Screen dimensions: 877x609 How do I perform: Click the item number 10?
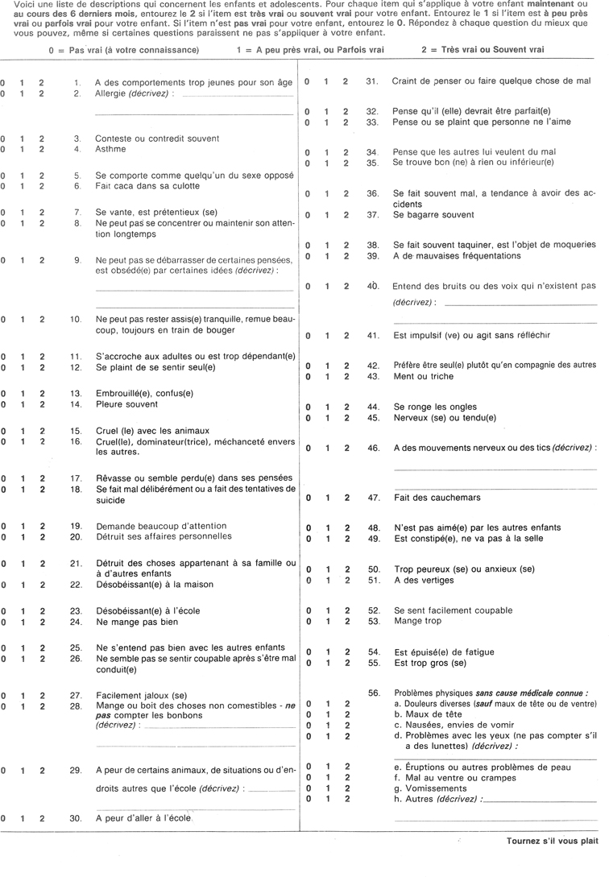(77, 320)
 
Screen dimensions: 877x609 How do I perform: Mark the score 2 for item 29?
(42, 771)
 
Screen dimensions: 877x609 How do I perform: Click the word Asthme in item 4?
(110, 150)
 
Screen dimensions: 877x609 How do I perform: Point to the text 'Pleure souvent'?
(123, 404)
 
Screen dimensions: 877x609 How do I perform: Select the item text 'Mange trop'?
(416, 622)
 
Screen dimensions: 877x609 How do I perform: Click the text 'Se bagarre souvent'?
(433, 215)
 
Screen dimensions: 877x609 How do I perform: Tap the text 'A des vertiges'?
(423, 580)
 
